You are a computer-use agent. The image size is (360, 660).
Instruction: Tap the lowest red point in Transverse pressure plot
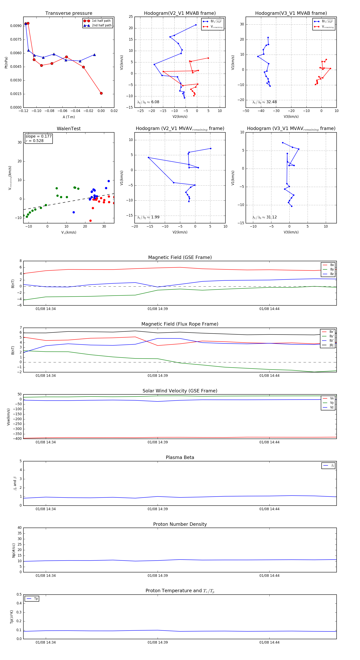point(101,93)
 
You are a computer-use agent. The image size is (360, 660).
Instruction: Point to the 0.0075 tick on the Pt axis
point(16,39)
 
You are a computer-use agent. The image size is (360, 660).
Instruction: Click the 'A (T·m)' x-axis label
point(69,117)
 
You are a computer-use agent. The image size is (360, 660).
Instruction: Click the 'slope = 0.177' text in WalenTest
point(38,136)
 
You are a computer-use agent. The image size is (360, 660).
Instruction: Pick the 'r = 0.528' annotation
point(35,141)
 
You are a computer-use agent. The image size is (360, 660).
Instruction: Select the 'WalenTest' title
point(69,129)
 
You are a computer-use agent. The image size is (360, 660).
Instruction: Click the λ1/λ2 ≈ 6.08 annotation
point(148,102)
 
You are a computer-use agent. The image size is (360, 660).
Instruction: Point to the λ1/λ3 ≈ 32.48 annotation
point(264,102)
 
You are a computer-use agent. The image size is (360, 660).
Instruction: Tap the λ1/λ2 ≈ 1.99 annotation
point(148,217)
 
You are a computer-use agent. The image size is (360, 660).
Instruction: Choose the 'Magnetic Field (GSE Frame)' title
point(180,257)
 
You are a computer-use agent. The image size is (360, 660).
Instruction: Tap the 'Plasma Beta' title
point(180,458)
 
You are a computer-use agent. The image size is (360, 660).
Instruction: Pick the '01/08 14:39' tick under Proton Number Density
point(158,575)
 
